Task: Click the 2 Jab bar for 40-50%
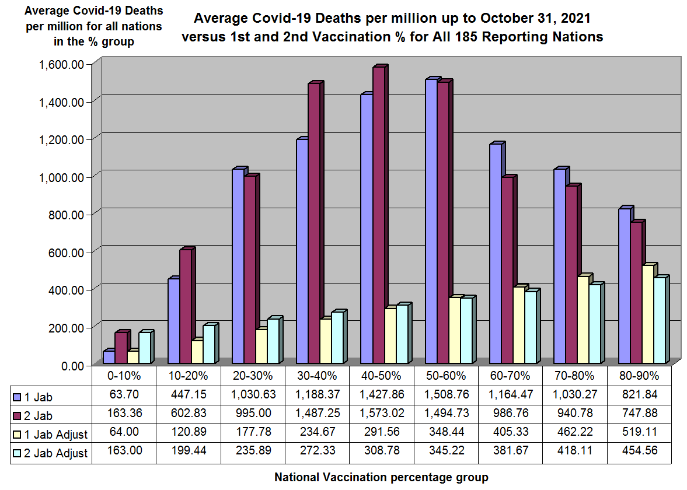pos(379,216)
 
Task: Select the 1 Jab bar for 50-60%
pos(431,222)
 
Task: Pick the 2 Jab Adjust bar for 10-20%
pos(208,345)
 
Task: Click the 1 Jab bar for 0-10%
pos(109,358)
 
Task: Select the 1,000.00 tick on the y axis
pos(61,177)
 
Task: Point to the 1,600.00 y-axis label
pos(61,64)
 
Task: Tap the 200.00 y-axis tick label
pos(65,327)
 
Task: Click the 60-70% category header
pos(512,375)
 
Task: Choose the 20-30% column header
pos(254,375)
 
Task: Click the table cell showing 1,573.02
pos(382,414)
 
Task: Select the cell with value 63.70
pos(124,395)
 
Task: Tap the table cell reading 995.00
pos(254,414)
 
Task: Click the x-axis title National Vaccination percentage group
pos(381,477)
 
